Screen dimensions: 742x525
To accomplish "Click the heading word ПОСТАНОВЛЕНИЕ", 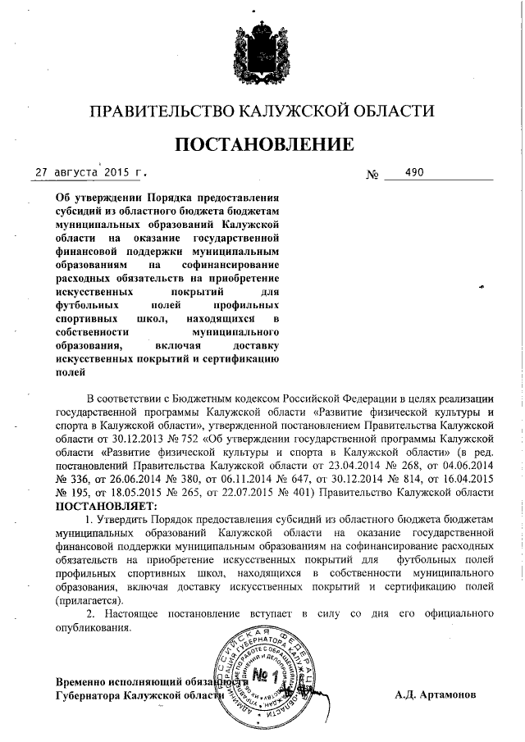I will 262,144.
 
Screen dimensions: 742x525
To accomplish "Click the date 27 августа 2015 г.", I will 90,173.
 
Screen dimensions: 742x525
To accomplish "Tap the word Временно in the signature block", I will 85,682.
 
